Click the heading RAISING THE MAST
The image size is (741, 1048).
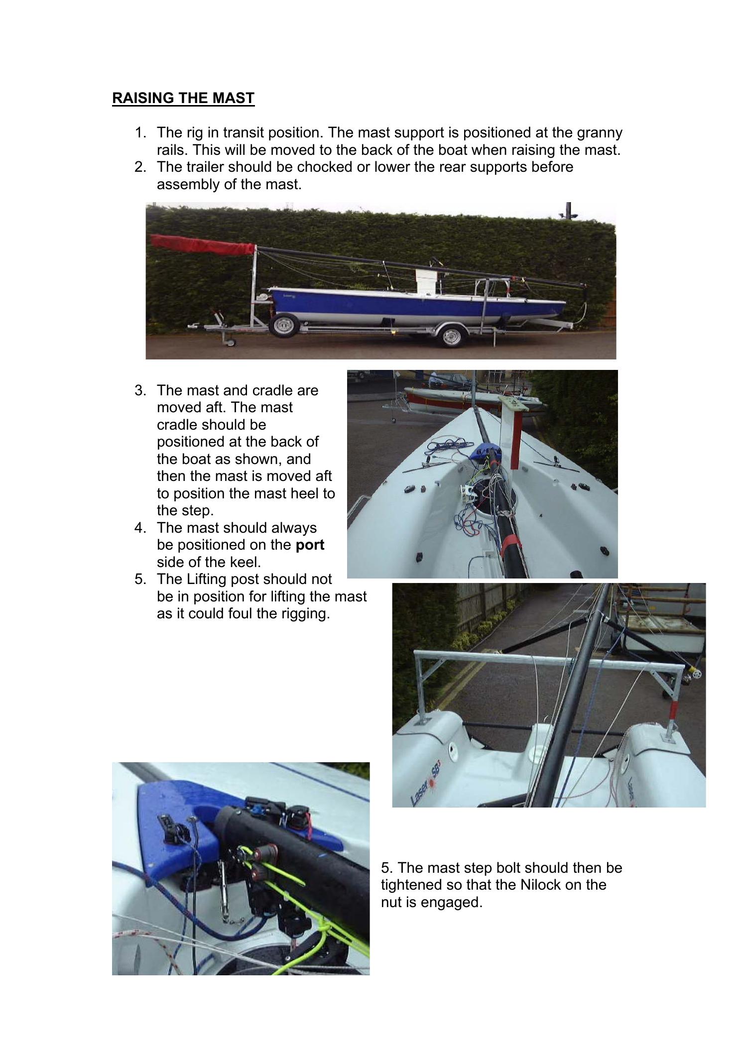click(x=183, y=98)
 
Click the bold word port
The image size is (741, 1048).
click(x=310, y=545)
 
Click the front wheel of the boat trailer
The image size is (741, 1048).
click(x=283, y=327)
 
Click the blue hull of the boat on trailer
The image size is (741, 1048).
click(x=388, y=305)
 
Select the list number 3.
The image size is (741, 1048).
click(x=139, y=390)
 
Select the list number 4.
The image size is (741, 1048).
click(x=139, y=528)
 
